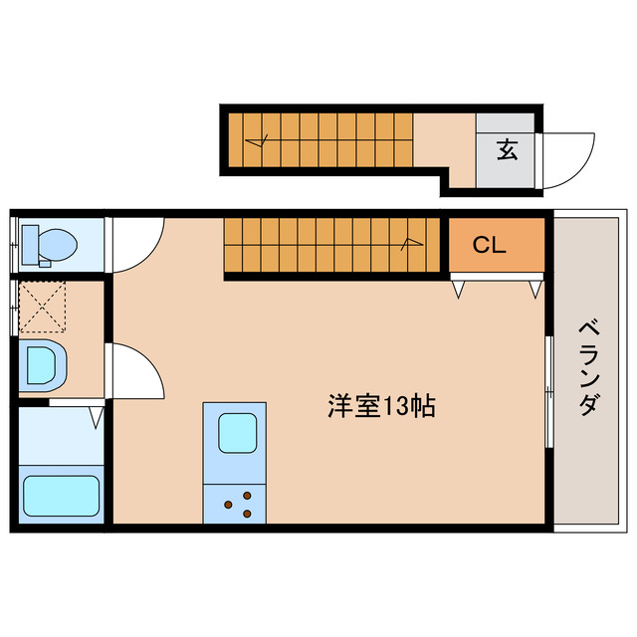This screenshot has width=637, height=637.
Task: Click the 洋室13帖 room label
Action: point(381,406)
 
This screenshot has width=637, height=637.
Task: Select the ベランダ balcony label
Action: point(588,367)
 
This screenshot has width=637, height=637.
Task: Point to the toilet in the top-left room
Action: point(50,244)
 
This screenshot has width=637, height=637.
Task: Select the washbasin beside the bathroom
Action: point(42,366)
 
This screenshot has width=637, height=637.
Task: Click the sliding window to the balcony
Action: point(548,393)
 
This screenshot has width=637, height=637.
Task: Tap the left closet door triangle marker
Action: point(459,290)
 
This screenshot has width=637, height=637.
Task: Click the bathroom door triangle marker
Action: point(97,416)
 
